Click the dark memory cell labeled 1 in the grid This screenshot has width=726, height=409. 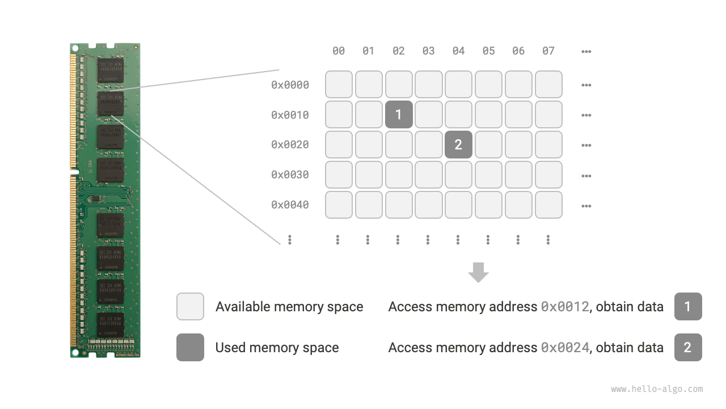coord(399,115)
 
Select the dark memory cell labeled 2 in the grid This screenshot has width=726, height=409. coord(458,145)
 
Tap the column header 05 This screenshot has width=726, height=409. coord(488,51)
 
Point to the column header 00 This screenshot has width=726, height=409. coord(339,51)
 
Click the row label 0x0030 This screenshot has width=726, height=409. coord(290,175)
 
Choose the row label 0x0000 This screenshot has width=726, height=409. coord(290,85)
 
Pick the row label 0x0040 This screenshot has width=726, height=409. coord(290,205)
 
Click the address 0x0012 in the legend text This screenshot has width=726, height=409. coord(565,307)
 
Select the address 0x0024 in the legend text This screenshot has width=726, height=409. coord(565,348)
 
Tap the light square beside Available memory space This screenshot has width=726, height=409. coord(190,307)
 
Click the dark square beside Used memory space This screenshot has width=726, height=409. coord(190,348)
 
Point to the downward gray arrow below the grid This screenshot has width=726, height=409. coord(478,272)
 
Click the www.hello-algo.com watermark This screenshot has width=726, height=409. coord(657,389)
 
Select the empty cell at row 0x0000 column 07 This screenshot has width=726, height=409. coord(548,85)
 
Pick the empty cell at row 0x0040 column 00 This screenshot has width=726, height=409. coord(339,205)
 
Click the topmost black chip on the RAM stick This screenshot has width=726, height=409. coord(110,70)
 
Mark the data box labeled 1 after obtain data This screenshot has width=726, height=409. coord(688,307)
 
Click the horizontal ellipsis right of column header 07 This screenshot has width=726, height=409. coord(586,52)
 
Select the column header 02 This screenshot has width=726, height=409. coord(399,51)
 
